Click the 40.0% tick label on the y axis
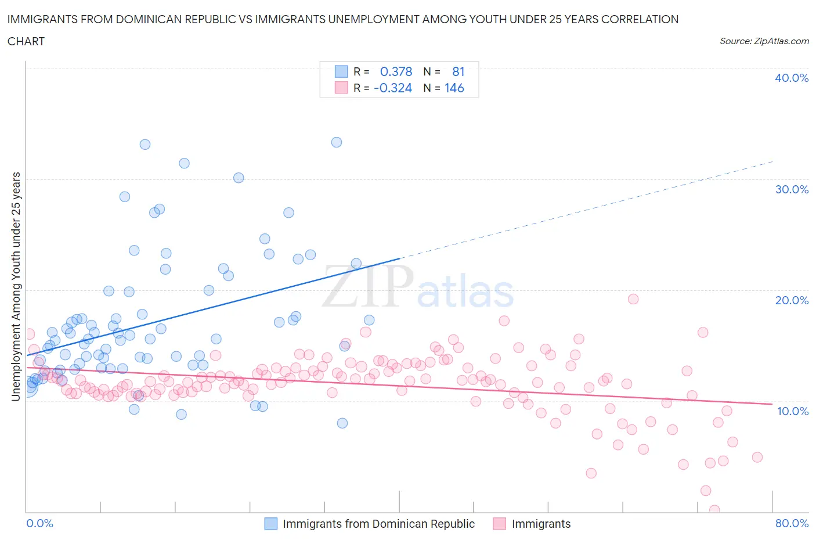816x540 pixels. point(792,78)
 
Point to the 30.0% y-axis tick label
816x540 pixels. point(792,189)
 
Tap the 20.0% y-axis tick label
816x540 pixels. point(792,300)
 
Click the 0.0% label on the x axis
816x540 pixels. point(40,523)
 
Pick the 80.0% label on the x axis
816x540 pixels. point(792,523)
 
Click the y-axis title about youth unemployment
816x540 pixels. point(16,286)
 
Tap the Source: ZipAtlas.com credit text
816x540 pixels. point(764,41)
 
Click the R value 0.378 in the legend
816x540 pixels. point(396,71)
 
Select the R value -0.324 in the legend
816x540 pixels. point(393,88)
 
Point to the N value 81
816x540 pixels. point(458,71)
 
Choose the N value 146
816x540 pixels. point(454,88)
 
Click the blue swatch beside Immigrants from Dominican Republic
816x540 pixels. point(271,524)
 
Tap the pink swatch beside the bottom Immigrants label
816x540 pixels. point(499,524)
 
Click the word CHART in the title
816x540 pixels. point(26,41)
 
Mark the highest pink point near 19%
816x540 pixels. point(633,299)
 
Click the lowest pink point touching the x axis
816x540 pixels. point(714,510)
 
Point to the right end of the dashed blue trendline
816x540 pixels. point(772,161)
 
